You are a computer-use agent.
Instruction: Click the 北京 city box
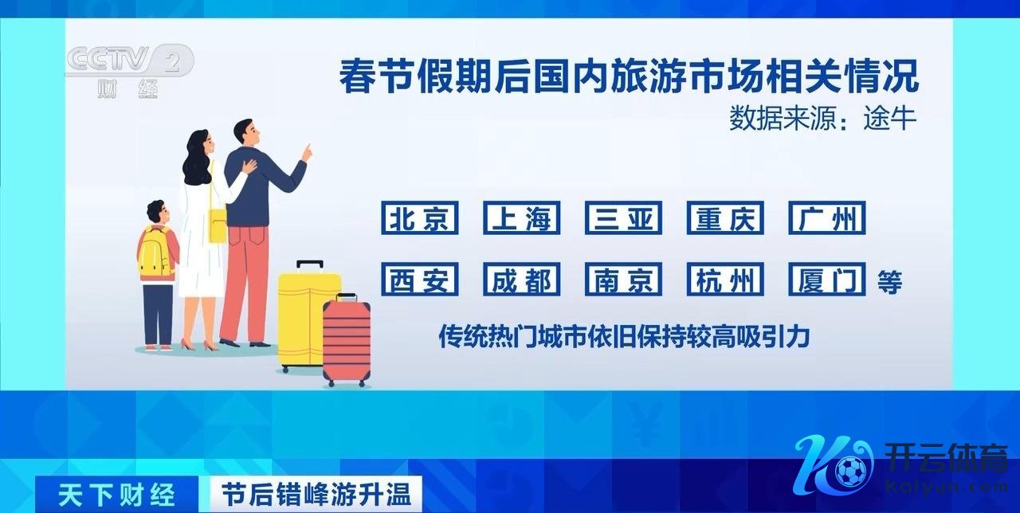click(419, 218)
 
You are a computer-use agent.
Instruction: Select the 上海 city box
click(521, 218)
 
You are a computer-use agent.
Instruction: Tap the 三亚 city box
click(623, 218)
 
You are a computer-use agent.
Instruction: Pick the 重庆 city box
click(725, 218)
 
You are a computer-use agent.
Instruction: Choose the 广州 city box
click(827, 218)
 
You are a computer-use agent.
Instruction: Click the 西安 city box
click(419, 279)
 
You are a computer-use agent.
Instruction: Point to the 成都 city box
click(521, 279)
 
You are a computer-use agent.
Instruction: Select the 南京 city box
click(623, 279)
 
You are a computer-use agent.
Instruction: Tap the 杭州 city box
click(725, 279)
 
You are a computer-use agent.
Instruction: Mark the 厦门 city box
click(827, 279)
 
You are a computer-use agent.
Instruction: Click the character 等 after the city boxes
click(890, 282)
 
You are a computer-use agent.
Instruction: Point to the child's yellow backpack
click(155, 253)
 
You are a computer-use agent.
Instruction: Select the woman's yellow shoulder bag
click(218, 226)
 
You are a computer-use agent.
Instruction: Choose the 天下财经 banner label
click(116, 495)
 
